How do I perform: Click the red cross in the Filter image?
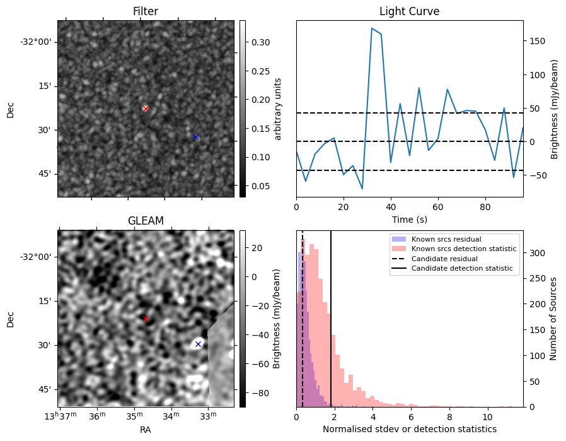tap(146, 109)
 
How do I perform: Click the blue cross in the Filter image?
tap(195, 137)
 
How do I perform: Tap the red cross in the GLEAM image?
tap(146, 319)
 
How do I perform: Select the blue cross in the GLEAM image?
tap(198, 344)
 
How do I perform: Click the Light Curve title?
tap(409, 11)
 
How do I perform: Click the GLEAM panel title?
tap(146, 221)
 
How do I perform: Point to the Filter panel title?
tap(146, 11)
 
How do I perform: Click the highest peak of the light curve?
tap(372, 28)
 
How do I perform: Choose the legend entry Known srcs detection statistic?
tap(463, 249)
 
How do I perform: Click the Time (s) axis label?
tap(409, 219)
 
